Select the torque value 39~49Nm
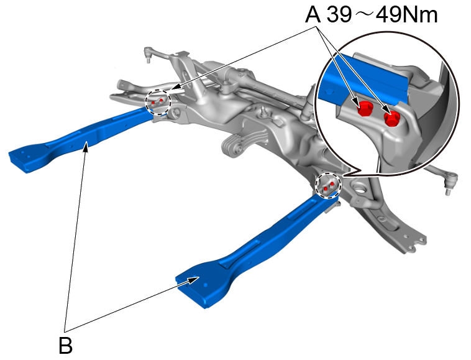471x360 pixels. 383,15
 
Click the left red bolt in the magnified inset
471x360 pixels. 365,109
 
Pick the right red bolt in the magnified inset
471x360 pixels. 391,118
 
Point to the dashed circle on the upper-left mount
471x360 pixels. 158,101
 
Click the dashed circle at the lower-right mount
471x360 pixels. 327,185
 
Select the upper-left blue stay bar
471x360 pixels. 81,137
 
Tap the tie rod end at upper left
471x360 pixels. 149,54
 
